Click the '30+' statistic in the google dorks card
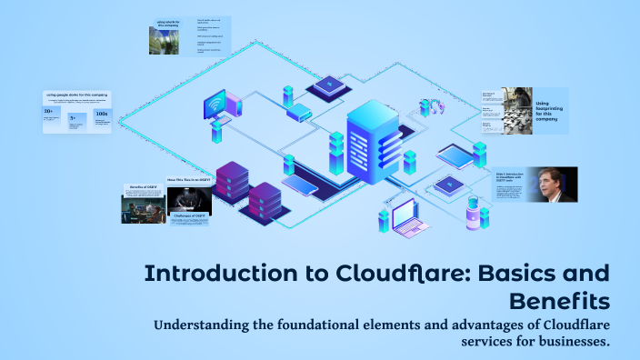tap(48, 113)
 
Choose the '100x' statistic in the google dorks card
tap(102, 115)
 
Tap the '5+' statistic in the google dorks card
tap(73, 117)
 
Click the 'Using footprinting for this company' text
tap(551, 110)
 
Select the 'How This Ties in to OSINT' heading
tap(189, 180)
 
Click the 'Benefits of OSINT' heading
tap(144, 187)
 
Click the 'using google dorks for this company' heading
tap(76, 93)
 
